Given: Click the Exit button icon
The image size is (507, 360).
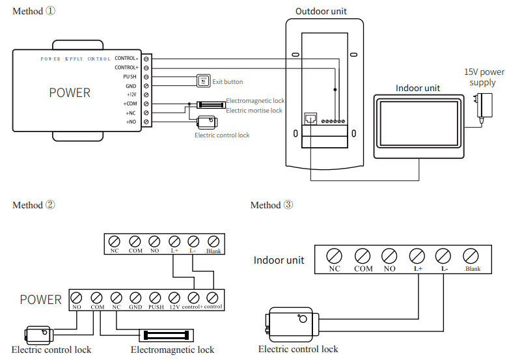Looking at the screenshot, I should point(203,81).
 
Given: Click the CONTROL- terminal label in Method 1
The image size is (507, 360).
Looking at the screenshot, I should point(126,58).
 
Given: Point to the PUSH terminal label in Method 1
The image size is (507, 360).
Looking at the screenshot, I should point(130,76).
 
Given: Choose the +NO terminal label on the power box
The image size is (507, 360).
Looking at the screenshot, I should point(130,122).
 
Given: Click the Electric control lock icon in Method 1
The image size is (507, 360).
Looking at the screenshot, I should point(207,122).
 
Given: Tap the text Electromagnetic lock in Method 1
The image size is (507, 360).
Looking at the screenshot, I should point(255,101).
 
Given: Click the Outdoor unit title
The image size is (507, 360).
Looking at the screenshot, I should point(322,11).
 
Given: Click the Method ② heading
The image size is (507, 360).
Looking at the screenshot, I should point(34,205).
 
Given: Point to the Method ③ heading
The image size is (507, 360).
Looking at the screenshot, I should point(272,205).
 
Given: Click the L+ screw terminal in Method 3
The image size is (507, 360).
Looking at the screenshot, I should point(417,255).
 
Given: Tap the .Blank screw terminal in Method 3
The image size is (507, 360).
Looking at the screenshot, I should point(472,255).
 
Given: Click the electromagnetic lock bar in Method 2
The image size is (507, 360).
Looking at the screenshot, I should point(168,335).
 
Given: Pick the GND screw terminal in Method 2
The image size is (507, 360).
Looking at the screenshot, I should point(135,297).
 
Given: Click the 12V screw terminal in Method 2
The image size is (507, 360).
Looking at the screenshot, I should point(174,297).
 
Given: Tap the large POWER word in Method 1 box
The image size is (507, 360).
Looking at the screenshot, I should point(70,92).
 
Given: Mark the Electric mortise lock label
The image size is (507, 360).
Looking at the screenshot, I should point(254,111).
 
